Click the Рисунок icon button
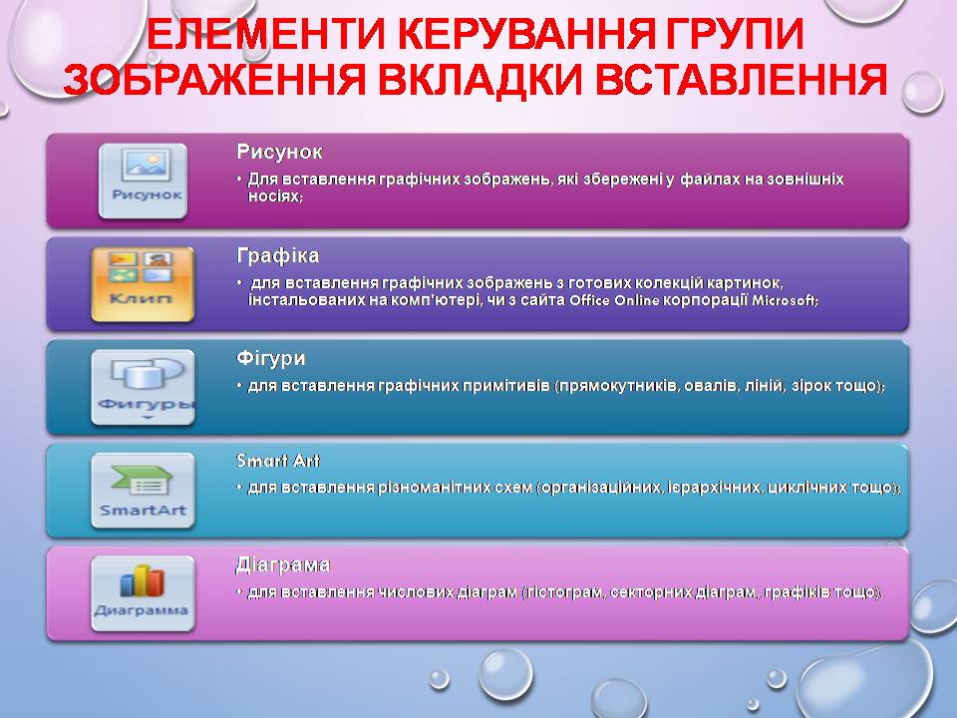pos(143,180)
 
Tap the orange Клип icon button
pos(143,284)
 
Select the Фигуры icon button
pos(143,387)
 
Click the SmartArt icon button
pos(143,491)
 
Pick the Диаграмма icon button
pos(143,593)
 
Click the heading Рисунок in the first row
pos(279,152)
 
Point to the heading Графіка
pos(278,255)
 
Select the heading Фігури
pos(271,358)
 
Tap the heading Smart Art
pos(278,461)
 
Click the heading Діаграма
pos(283,564)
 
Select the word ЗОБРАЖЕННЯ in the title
pos(214,80)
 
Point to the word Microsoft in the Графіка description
pos(785,300)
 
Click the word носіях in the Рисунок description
pos(275,196)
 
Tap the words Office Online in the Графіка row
pos(614,300)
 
